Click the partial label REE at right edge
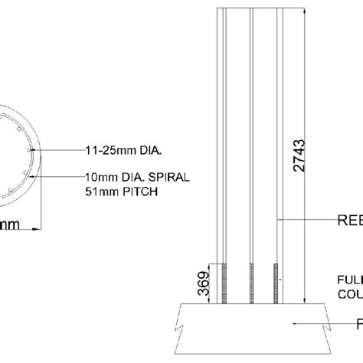(350, 222)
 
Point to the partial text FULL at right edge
(349, 280)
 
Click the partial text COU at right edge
(349, 293)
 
